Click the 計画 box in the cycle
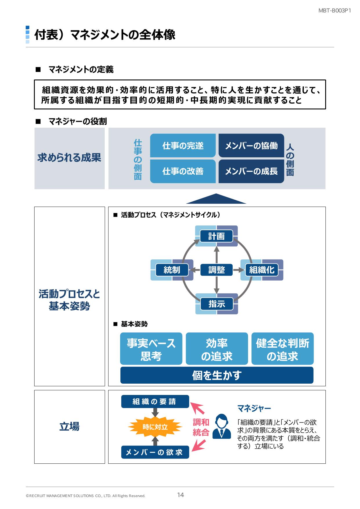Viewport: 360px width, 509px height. click(216, 236)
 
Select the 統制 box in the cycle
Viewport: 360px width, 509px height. click(172, 270)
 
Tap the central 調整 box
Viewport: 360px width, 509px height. click(216, 270)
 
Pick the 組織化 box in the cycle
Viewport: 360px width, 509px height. click(262, 270)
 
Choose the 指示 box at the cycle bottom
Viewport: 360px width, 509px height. click(216, 304)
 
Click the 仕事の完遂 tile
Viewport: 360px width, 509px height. click(183, 146)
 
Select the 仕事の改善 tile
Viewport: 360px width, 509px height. click(183, 171)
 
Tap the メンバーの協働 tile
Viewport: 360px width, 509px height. click(251, 146)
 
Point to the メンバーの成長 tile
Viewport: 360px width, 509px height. click(251, 171)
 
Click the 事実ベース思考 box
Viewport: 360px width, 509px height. click(151, 349)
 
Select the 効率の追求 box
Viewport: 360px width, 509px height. click(217, 349)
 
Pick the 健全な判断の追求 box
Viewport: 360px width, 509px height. click(282, 349)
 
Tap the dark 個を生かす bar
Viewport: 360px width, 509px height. click(217, 375)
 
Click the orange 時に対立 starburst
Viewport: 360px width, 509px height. click(155, 427)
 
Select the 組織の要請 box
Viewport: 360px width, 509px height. click(155, 402)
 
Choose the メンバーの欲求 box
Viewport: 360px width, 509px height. click(155, 452)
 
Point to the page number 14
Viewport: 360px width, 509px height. click(180, 495)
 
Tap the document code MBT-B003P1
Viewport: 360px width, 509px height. click(335, 11)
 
